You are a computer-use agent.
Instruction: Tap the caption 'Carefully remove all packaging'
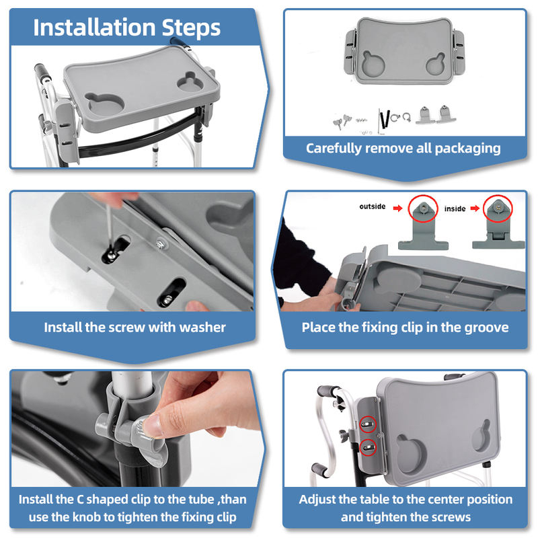403,148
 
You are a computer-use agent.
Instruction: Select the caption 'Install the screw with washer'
134,328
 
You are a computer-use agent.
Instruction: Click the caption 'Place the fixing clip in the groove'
405,328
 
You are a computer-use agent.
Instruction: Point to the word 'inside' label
455,208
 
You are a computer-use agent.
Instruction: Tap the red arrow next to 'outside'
398,207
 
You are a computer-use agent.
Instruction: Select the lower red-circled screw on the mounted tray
367,447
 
